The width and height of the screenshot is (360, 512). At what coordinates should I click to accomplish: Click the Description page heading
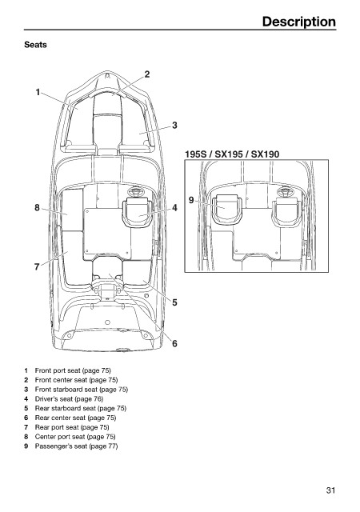299,22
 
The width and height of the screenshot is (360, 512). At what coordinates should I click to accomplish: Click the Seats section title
35,45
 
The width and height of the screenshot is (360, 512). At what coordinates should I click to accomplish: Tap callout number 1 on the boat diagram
38,93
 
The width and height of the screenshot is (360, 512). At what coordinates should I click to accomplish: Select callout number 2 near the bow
147,74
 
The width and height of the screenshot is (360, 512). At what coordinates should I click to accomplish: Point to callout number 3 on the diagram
174,126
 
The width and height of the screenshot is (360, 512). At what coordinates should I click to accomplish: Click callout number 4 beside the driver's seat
174,208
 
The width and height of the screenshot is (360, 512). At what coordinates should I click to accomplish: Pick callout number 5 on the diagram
174,302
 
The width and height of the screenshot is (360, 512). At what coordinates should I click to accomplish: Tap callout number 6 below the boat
174,343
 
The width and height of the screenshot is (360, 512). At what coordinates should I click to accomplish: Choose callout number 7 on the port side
37,267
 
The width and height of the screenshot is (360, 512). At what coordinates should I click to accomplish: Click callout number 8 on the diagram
37,208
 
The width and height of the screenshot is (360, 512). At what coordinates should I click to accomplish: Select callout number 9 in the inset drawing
191,200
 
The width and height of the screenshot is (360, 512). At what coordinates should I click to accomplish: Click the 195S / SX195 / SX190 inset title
232,154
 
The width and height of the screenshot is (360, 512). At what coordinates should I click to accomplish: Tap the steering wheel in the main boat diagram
135,191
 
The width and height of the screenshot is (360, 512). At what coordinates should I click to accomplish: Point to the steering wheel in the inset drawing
285,192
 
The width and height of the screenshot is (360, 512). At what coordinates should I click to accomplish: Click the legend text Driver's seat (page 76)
69,398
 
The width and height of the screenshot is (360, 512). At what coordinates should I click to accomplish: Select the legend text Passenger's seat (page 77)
76,446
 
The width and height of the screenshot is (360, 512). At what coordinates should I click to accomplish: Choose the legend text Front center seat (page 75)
76,380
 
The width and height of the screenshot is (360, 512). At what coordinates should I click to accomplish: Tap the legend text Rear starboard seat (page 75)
80,408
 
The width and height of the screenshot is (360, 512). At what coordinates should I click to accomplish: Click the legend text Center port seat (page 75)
75,437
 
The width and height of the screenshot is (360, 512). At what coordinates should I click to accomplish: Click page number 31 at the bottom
330,490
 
